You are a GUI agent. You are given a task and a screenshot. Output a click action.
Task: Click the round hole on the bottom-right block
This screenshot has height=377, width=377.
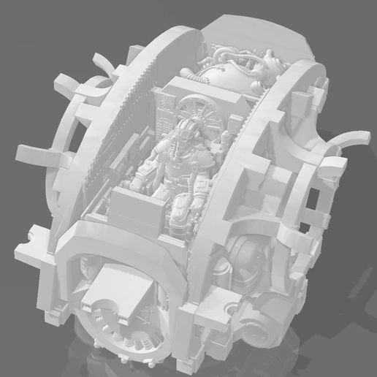[233, 310]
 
